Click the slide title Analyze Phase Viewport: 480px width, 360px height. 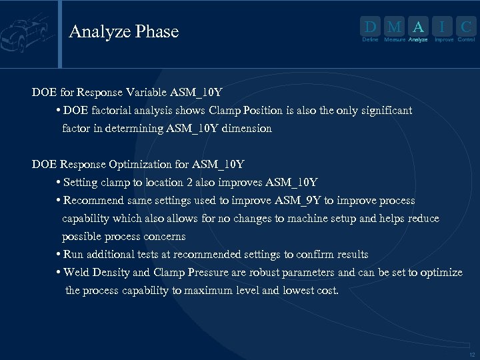pos(123,31)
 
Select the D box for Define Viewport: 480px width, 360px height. pos(370,27)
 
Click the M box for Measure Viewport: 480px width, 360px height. pos(394,27)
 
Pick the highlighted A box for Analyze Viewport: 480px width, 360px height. pos(418,27)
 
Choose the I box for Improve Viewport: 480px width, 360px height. pos(443,27)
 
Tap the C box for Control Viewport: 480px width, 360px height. pos(467,27)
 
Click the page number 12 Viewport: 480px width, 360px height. pos(472,355)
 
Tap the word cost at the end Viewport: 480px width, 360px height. pos(326,291)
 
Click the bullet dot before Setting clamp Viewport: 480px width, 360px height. pos(59,183)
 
